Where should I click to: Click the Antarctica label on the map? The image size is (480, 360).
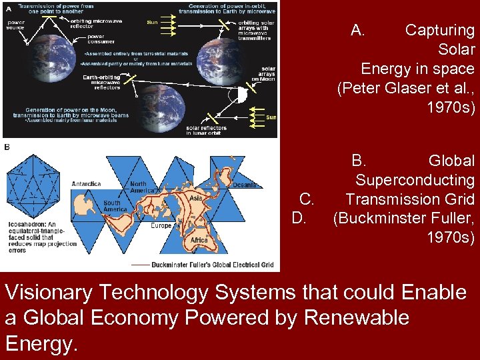[86, 183]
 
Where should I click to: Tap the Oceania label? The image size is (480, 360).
[245, 185]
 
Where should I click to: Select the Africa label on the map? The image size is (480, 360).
[199, 240]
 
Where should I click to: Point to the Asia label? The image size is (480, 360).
[195, 198]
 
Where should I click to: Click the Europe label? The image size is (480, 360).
[161, 225]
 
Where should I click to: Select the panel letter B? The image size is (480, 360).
[7, 147]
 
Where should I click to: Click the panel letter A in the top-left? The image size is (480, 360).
[6, 7]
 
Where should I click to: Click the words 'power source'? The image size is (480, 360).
[16, 25]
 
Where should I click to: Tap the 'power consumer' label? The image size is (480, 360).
[96, 39]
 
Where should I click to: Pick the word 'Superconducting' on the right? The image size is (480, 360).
[415, 180]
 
